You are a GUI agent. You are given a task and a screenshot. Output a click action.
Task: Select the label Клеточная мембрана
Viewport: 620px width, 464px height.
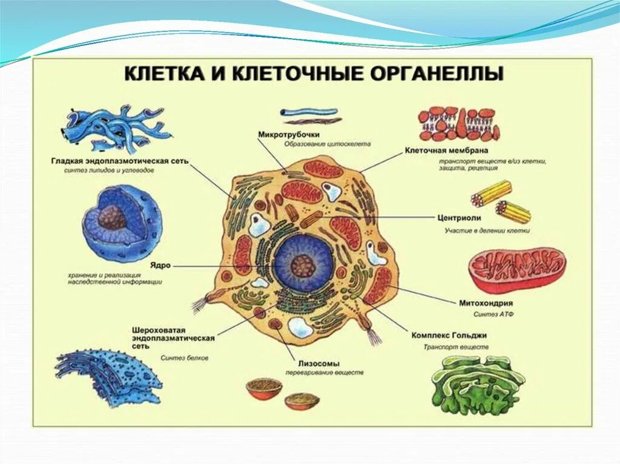(447, 149)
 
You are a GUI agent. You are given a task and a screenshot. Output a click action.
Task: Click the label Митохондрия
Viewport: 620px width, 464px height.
(486, 302)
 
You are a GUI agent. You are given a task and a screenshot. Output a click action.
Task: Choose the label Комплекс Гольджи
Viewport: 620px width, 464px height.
(449, 335)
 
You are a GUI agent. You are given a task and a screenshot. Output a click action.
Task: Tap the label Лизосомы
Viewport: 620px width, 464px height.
(314, 363)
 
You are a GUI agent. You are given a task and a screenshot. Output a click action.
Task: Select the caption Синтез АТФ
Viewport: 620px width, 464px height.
(486, 315)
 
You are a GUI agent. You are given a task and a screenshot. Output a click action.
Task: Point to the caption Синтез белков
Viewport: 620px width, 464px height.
(185, 358)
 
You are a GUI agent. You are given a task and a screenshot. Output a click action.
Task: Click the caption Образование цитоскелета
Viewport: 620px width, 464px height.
(327, 145)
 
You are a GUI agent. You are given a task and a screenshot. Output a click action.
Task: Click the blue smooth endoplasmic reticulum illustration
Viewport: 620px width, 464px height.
(115, 130)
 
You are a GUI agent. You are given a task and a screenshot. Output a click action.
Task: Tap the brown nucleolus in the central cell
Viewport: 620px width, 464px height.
(302, 265)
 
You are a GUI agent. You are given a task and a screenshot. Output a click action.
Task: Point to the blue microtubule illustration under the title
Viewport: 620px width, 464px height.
(309, 112)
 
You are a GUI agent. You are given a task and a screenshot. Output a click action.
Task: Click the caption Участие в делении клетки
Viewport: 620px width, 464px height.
(487, 230)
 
